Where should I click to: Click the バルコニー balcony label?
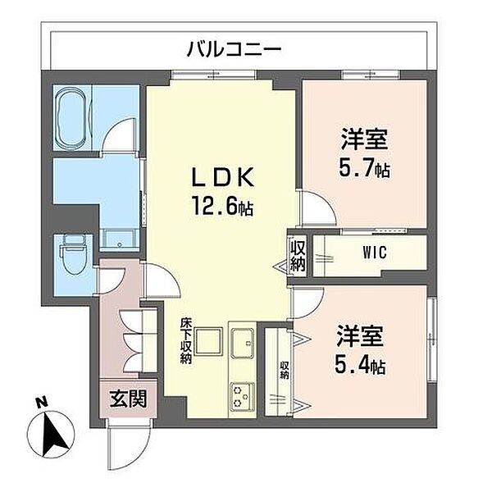coord(234,49)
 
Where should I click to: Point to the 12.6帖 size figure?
coord(222,205)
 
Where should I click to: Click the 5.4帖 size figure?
coord(360,365)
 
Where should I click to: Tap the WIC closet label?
coord(375,253)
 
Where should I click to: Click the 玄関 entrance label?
coord(129,399)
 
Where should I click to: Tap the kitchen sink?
coord(243,343)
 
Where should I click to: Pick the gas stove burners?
coord(242,397)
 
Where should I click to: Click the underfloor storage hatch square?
coord(208,341)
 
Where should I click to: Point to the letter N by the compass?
coord(41,402)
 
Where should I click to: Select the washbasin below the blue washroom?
coord(119,240)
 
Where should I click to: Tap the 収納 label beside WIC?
coord(297,255)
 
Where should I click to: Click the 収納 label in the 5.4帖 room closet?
coord(285,371)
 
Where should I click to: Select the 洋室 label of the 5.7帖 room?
coord(364,139)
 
